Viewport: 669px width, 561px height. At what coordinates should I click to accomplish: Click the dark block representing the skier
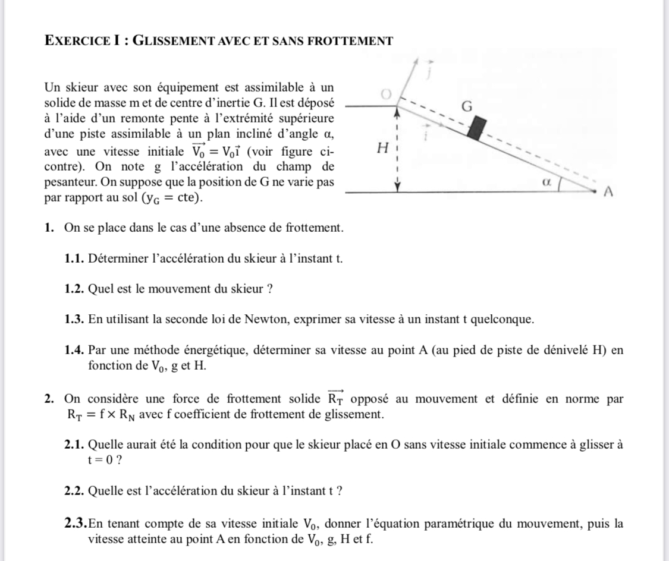coord(478,127)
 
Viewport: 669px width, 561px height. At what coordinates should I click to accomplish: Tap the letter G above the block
coord(467,107)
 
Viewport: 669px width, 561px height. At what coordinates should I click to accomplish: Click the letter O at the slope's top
coord(386,94)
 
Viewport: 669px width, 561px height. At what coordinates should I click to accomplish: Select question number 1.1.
coord(74,259)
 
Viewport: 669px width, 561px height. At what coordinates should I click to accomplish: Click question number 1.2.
coord(74,289)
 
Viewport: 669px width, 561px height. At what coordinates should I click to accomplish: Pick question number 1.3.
coord(74,320)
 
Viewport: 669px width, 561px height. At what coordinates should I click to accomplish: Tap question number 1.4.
coord(74,350)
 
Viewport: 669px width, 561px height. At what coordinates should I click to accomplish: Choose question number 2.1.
coord(74,445)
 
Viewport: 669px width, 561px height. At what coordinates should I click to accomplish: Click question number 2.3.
coord(75,524)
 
